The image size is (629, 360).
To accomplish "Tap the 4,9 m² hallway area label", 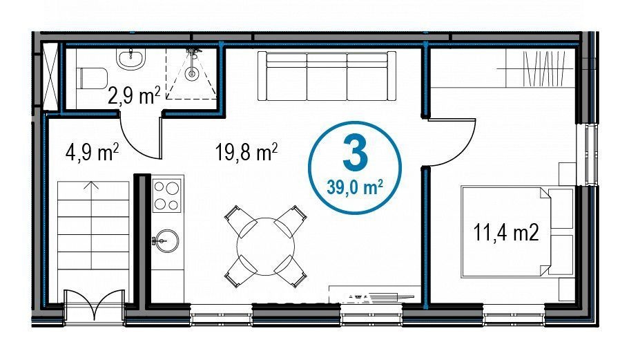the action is pos(92,152).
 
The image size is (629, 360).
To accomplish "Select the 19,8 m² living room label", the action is pos(246,152).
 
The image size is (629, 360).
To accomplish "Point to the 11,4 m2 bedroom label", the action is pos(506,232).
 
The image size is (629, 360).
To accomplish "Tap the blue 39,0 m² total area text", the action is pos(355,187).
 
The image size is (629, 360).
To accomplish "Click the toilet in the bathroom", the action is pos(91,77).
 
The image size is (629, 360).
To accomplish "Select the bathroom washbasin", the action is pos(130,58).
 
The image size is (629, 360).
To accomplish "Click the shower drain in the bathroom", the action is pos(192,73).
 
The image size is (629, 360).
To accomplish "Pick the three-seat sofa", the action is pos(327,76).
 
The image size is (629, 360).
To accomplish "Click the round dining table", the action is pos(266,247).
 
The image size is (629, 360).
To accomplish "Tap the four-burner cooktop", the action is pos(167,196).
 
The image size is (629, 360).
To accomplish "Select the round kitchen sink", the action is pos(167,240).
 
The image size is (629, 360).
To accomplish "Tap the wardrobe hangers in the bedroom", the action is pos(545,68).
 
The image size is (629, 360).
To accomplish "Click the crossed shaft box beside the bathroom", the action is pos(50,76).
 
